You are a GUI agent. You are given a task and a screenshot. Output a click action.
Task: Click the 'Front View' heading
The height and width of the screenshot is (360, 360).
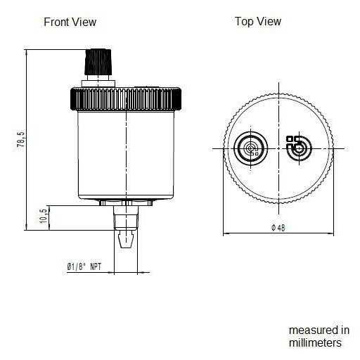point(70,22)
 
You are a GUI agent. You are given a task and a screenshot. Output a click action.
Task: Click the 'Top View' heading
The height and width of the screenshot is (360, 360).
point(257,22)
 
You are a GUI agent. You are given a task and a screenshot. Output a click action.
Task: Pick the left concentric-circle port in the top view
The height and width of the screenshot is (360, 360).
point(250,148)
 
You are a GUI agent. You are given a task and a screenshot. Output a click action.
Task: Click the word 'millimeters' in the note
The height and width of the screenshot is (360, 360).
point(315,342)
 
